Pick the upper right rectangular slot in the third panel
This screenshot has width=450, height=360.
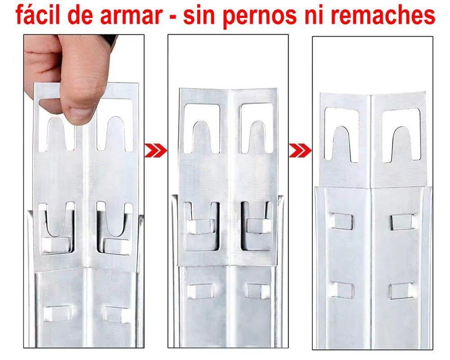point(402,220)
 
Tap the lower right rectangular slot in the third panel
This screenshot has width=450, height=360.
point(401,291)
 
